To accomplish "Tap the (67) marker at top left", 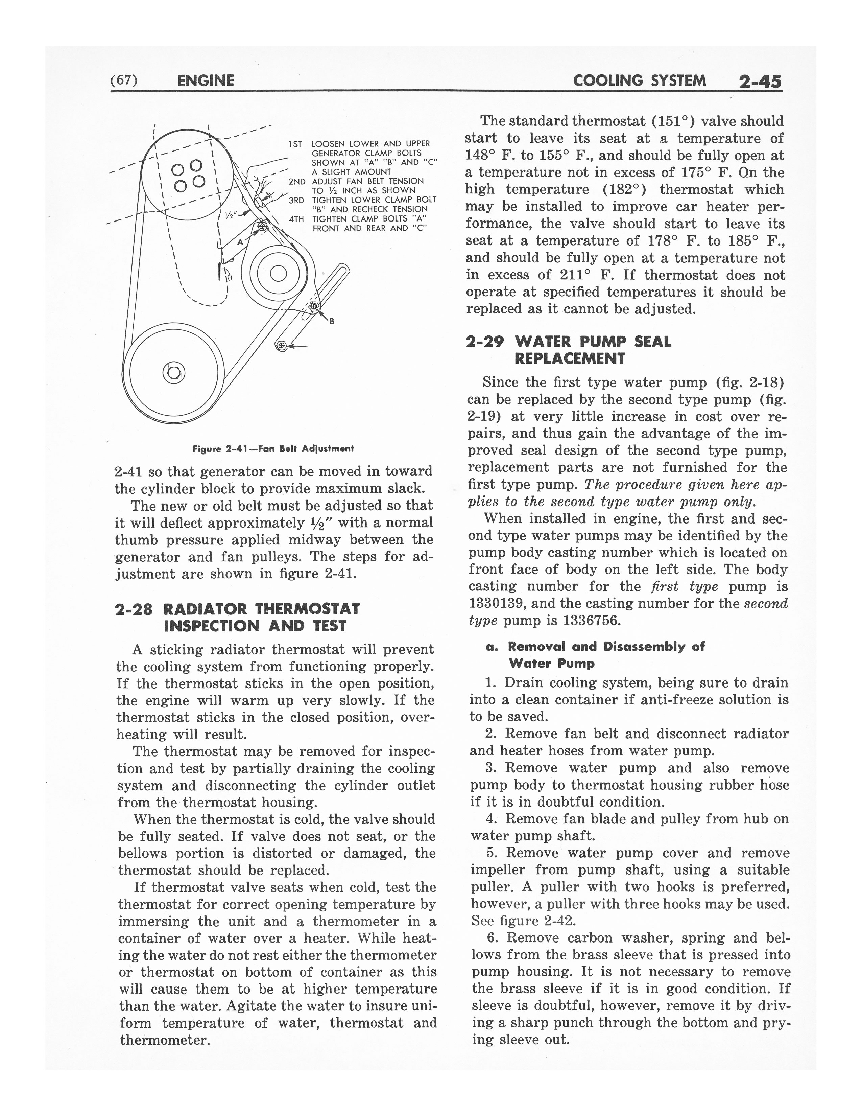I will [x=124, y=80].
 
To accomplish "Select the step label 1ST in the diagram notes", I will [x=296, y=144].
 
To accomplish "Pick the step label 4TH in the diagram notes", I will [x=296, y=219].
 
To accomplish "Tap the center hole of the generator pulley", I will [x=278, y=274].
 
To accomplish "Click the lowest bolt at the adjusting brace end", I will [x=280, y=346].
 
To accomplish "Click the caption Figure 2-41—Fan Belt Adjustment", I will [x=273, y=449].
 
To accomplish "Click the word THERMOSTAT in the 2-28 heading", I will [x=308, y=609].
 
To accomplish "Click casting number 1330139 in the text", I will [x=497, y=603].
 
